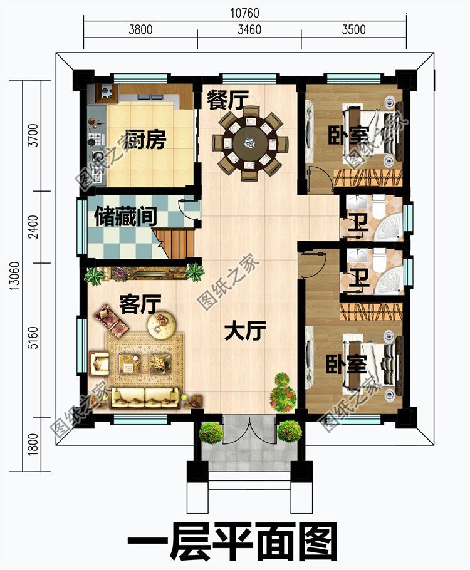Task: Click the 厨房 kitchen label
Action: click(x=145, y=140)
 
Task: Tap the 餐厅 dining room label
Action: click(x=228, y=100)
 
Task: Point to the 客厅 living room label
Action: click(x=140, y=305)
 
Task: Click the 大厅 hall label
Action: click(x=246, y=330)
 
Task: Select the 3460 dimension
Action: click(x=249, y=29)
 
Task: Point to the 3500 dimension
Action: click(x=353, y=29)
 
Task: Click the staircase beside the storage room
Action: click(x=177, y=243)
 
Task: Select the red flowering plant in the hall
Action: click(x=283, y=392)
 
